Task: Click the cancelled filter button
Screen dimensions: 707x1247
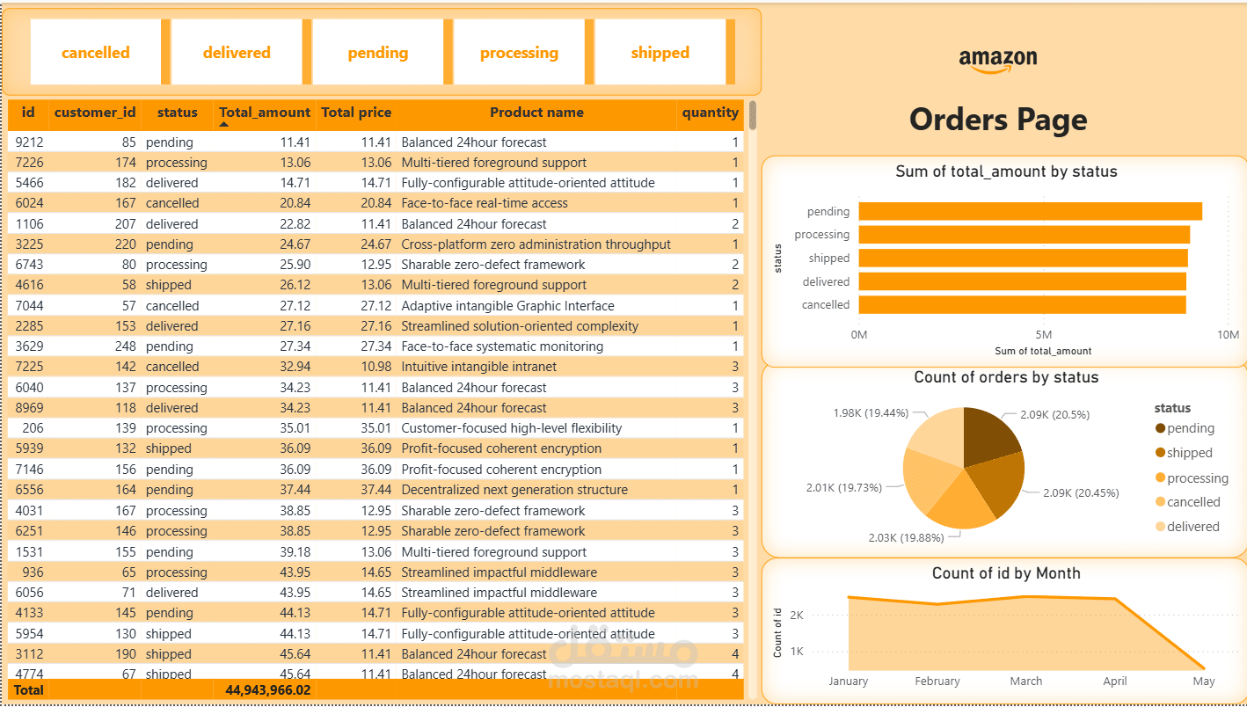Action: (95, 53)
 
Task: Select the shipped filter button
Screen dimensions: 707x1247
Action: (660, 53)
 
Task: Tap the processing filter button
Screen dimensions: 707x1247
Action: (519, 53)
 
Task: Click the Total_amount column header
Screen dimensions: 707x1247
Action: (264, 113)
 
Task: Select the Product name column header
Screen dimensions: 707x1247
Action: (536, 113)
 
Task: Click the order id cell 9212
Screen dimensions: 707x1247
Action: (29, 142)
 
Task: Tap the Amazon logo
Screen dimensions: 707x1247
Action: (998, 60)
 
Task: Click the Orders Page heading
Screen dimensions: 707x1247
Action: (998, 120)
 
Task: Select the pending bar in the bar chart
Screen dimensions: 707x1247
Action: (1030, 212)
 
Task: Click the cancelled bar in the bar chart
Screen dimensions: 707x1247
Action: (1022, 305)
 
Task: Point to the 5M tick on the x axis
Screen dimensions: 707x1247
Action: (1044, 335)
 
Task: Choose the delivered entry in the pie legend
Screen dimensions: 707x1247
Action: (1192, 527)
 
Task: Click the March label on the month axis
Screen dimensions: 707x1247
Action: (1026, 681)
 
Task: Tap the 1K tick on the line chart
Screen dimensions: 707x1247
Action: (797, 652)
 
